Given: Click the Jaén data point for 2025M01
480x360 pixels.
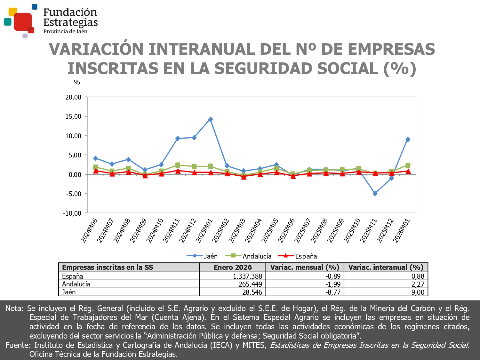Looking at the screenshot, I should [211, 119].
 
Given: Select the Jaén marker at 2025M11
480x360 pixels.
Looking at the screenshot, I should [375, 194].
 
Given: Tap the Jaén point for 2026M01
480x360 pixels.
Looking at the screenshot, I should [408, 140].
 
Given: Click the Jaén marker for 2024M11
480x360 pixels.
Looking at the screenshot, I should [178, 139].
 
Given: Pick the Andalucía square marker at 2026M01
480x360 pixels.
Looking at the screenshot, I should [408, 165].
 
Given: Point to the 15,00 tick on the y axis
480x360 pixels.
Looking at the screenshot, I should [73, 116].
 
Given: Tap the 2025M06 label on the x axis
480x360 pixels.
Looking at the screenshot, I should [286, 230].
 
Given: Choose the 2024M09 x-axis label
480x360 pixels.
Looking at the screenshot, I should [138, 230].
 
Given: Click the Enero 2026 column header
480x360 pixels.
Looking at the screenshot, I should [233, 268].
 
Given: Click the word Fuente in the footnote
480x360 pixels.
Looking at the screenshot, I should [18, 345].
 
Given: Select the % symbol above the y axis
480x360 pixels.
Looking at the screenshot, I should [77, 82].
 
